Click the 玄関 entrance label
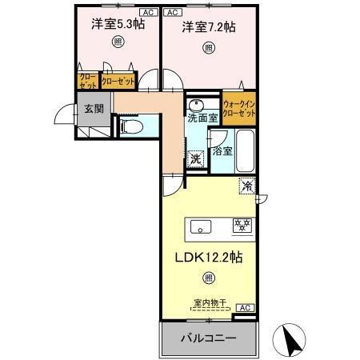(88, 110)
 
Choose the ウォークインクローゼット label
(239, 109)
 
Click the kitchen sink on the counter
(201, 226)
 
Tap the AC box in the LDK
(244, 308)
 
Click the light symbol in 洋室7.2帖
(208, 48)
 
